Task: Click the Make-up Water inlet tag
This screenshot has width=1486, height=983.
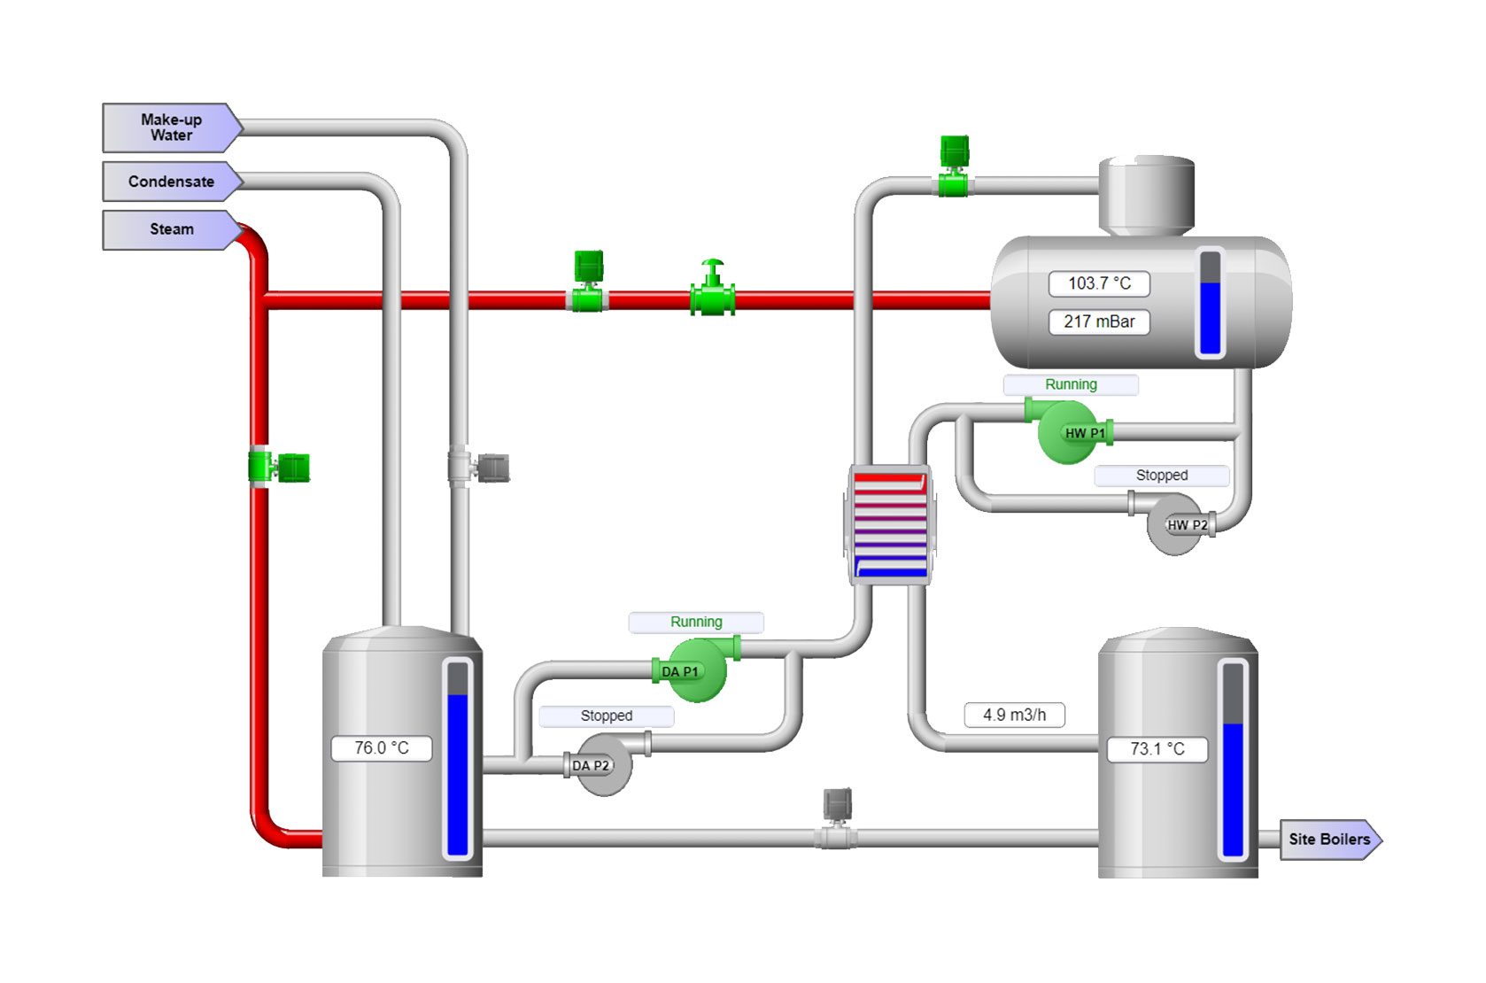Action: pos(171,128)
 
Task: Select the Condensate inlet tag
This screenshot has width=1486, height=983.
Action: pos(171,182)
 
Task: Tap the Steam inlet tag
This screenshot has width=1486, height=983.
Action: pos(171,229)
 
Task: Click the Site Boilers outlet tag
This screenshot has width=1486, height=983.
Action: pos(1328,840)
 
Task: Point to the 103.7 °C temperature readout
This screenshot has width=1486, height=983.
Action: pos(1099,283)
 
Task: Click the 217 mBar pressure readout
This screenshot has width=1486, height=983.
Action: pos(1099,321)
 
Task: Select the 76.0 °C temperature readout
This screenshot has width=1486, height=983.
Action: pos(382,748)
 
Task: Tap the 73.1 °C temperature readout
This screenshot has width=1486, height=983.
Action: pos(1157,749)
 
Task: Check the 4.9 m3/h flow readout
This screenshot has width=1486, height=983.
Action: pos(1014,715)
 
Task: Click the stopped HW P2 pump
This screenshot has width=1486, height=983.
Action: pos(1178,525)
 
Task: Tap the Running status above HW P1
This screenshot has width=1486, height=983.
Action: pos(1071,384)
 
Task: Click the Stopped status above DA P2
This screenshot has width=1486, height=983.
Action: pos(607,716)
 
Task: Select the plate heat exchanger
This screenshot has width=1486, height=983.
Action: pos(890,525)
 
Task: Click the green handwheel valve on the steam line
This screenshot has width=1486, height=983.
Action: pos(712,290)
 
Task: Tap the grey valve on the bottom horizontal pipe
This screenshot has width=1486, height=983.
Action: pos(837,819)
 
